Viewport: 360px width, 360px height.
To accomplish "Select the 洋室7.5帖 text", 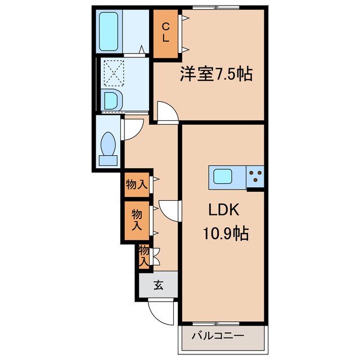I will click(215, 74).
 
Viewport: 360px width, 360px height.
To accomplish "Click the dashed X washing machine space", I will click(112, 74).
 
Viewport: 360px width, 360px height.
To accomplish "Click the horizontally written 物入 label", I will click(137, 184).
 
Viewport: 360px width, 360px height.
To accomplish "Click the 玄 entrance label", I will click(158, 285).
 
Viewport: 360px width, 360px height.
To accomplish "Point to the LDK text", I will click(224, 210).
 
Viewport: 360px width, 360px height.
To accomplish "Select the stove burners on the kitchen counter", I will click(256, 177).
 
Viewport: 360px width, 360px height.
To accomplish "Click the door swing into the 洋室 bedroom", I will click(166, 112).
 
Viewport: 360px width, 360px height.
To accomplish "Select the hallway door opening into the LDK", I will click(169, 211).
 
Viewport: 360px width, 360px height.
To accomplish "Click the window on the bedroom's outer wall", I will click(215, 7).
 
